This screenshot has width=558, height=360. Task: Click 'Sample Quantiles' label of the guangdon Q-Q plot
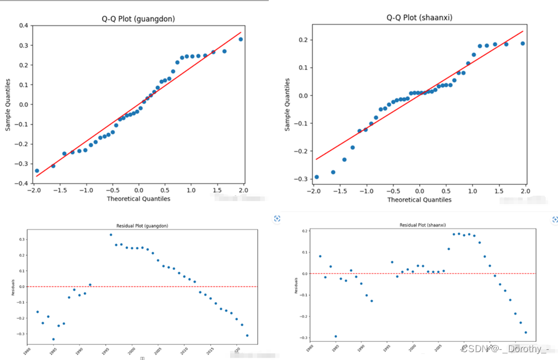(x=8, y=104)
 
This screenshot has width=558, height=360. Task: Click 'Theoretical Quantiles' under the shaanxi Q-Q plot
(x=419, y=200)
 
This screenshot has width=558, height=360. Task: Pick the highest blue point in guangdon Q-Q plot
(x=240, y=39)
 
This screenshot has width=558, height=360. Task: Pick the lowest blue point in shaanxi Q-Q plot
(x=316, y=177)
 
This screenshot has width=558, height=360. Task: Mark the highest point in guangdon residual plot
(x=111, y=235)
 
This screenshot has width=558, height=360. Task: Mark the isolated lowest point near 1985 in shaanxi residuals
(x=335, y=336)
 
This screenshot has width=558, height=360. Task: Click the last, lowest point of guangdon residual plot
(x=247, y=335)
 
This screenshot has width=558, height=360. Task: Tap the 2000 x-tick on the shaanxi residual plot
(x=412, y=349)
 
